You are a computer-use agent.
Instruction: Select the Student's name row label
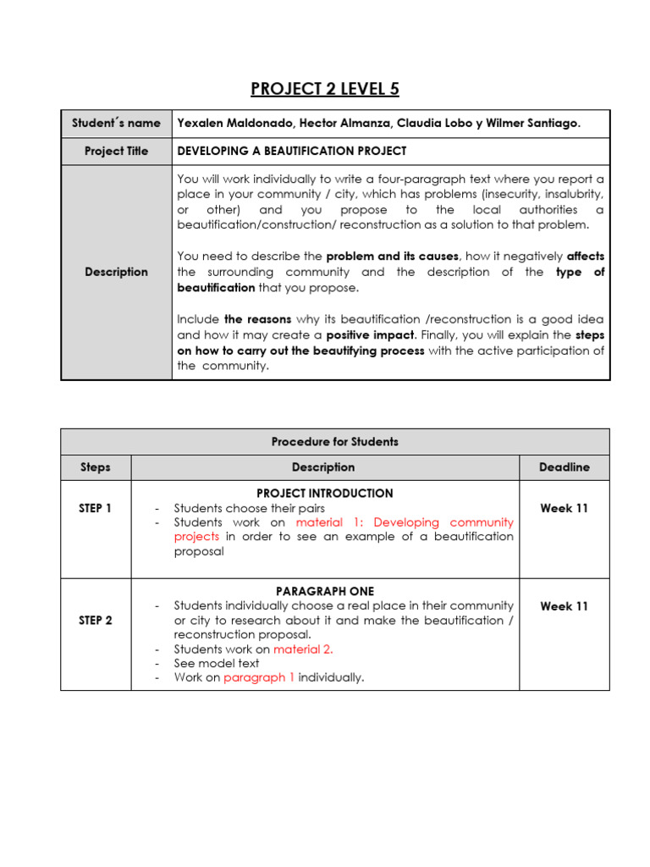click(x=116, y=123)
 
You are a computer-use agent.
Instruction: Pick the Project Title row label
click(x=116, y=151)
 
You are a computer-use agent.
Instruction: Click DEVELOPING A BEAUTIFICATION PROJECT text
click(x=292, y=151)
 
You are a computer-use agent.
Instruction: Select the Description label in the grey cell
click(x=116, y=272)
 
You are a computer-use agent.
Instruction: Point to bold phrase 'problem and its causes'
click(x=392, y=256)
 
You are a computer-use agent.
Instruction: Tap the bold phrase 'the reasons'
click(x=257, y=319)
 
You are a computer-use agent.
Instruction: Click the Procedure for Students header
click(x=335, y=441)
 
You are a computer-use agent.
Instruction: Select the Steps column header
click(x=96, y=467)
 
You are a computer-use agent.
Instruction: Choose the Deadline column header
click(x=564, y=467)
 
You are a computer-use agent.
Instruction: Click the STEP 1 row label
click(x=96, y=508)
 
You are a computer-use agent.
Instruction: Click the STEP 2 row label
click(x=96, y=620)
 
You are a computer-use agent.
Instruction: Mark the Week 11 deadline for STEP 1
click(x=564, y=508)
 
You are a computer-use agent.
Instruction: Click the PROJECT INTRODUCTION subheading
click(x=324, y=493)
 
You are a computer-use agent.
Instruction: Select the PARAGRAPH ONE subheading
click(x=324, y=591)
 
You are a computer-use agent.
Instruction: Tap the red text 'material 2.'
click(x=303, y=649)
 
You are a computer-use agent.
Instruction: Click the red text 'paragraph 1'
click(x=259, y=677)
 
